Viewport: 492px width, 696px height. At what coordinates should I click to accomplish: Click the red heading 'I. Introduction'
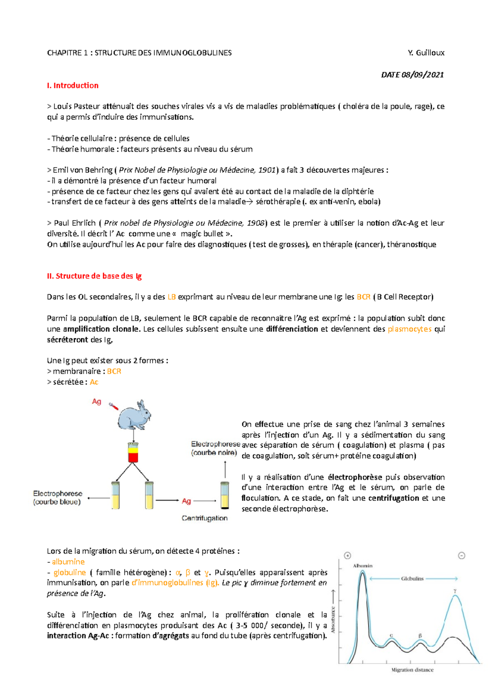click(73, 85)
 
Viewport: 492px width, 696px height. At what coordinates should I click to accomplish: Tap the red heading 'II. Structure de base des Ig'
click(94, 276)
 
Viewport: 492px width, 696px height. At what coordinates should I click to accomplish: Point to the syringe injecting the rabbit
click(114, 406)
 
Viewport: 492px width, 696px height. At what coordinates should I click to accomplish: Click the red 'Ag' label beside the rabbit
click(96, 401)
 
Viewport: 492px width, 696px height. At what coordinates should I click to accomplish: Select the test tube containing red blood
click(133, 452)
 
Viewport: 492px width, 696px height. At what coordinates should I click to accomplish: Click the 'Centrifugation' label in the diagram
click(205, 518)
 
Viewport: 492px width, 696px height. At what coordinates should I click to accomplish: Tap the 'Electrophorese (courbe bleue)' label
click(57, 497)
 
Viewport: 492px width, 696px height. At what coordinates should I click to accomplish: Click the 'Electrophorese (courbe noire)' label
click(215, 449)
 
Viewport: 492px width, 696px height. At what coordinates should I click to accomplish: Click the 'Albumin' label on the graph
click(362, 565)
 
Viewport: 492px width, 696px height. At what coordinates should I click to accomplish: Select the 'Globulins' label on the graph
click(412, 578)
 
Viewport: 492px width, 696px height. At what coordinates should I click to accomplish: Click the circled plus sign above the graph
click(348, 556)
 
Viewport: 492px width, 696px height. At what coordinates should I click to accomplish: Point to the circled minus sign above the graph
click(461, 556)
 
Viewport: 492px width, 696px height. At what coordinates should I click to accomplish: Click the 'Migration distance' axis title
click(412, 670)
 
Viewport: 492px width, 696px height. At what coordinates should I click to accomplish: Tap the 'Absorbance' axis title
click(333, 620)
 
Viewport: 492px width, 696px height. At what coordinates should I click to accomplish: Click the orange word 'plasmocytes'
click(409, 329)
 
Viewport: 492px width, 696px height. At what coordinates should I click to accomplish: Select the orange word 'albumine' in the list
click(68, 561)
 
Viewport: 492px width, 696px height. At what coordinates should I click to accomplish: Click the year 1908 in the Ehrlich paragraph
click(256, 223)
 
